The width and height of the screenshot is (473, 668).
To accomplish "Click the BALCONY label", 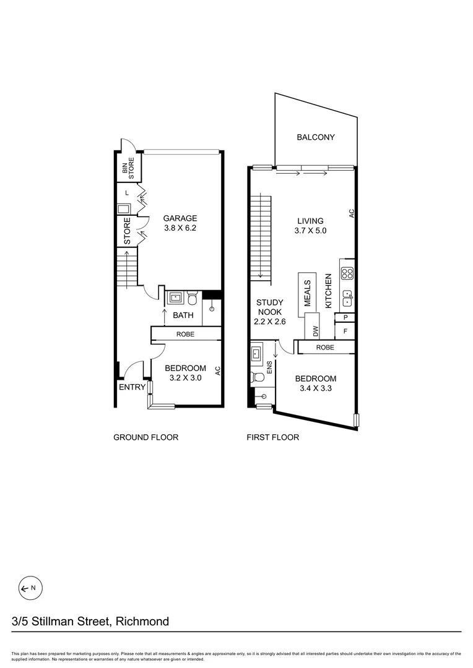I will pos(315,137).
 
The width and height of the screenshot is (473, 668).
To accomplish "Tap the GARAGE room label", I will pos(180,218).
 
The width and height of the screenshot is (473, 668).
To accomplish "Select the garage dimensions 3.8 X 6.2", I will pos(180,228).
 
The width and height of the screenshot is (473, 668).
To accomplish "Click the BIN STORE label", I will pos(131,168).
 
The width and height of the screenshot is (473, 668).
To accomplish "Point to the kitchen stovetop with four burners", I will pos(347,273).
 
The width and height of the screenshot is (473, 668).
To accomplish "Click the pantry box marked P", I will pos(345,318).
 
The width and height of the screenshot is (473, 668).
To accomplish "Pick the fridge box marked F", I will pos(345,331).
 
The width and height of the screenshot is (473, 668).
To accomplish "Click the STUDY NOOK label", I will pos(270,307).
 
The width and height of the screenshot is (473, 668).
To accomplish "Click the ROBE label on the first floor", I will pos(325,348).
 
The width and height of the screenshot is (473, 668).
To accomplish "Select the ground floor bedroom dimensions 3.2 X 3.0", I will pos(185,379).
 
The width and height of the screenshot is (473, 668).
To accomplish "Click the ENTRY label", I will pos(132,388).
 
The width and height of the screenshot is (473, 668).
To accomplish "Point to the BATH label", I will pos(183,315).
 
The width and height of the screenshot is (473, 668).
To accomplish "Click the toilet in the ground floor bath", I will pos(193,299).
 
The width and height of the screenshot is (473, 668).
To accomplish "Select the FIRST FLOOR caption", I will pos(273,437).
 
